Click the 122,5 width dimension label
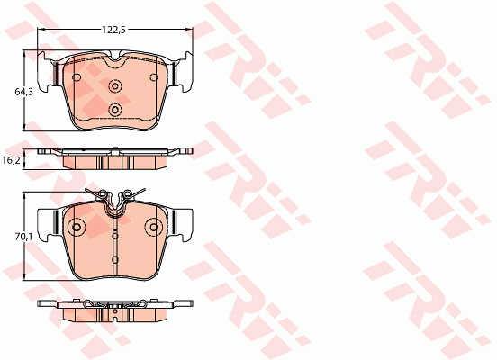[x=113, y=30]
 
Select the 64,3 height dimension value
[x=24, y=92]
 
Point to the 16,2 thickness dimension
[x=11, y=160]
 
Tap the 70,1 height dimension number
[x=24, y=237]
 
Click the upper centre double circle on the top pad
[x=115, y=85]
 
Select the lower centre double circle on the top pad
[x=115, y=110]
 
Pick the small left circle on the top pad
[x=77, y=77]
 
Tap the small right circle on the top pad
[x=154, y=77]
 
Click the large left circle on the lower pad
[x=77, y=227]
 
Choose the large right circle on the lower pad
[x=154, y=227]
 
